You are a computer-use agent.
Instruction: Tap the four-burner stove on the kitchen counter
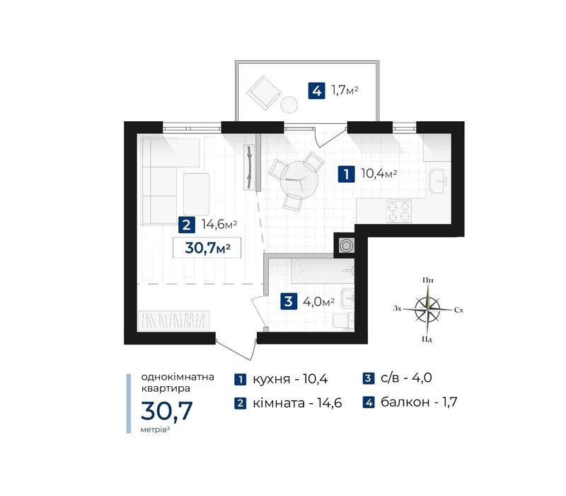(399, 211)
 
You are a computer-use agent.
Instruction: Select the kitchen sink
(438, 180)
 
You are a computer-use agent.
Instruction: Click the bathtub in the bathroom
(323, 271)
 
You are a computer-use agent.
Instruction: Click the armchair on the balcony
(264, 93)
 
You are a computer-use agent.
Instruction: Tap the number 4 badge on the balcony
(316, 91)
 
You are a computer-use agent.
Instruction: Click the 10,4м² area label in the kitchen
(379, 174)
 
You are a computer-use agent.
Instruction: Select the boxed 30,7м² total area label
(207, 247)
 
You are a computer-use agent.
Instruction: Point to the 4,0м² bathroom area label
(318, 301)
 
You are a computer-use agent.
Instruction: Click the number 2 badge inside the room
(187, 225)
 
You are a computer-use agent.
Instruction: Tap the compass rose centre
(427, 310)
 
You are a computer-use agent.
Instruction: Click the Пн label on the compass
(428, 280)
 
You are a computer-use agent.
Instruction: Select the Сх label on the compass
(458, 310)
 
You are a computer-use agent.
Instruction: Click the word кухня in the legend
(272, 379)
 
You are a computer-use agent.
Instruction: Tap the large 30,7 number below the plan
(167, 410)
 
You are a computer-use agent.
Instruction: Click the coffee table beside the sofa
(197, 194)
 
